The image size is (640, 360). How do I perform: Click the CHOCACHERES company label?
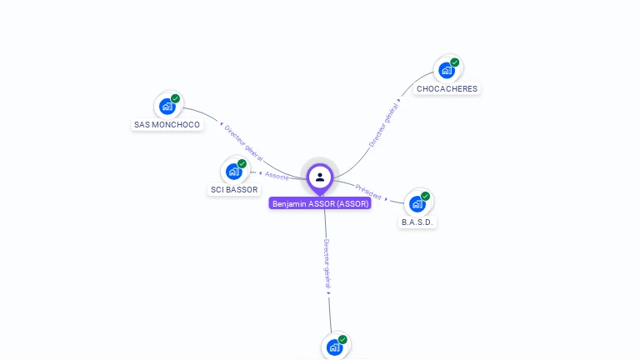[x=447, y=89]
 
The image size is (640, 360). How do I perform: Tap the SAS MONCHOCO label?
[x=167, y=125]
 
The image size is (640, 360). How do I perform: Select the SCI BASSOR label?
[x=233, y=190]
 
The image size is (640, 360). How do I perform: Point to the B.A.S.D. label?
[x=417, y=222]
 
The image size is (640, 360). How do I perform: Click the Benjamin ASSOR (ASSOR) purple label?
[x=320, y=203]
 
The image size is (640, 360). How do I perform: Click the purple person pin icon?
[x=320, y=177]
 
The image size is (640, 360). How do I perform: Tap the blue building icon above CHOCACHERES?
[x=447, y=70]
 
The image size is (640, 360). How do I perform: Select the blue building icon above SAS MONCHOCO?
[x=167, y=107]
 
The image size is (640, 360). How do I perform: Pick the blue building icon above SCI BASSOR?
[x=234, y=171]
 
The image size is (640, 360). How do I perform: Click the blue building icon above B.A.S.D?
[x=417, y=203]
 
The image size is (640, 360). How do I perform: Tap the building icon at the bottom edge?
[x=334, y=347]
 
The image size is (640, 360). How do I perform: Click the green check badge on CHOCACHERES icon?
[x=455, y=62]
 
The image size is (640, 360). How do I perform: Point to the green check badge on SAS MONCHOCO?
[x=176, y=99]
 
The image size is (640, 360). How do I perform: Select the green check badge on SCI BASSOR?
[x=242, y=163]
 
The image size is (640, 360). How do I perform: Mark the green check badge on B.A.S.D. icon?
[x=426, y=197]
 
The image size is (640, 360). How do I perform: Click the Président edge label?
[x=368, y=192]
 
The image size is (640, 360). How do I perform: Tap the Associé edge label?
[x=277, y=176]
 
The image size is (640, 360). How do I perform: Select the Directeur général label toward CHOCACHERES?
[x=384, y=125]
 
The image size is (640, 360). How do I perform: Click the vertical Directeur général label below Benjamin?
[x=327, y=264]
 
